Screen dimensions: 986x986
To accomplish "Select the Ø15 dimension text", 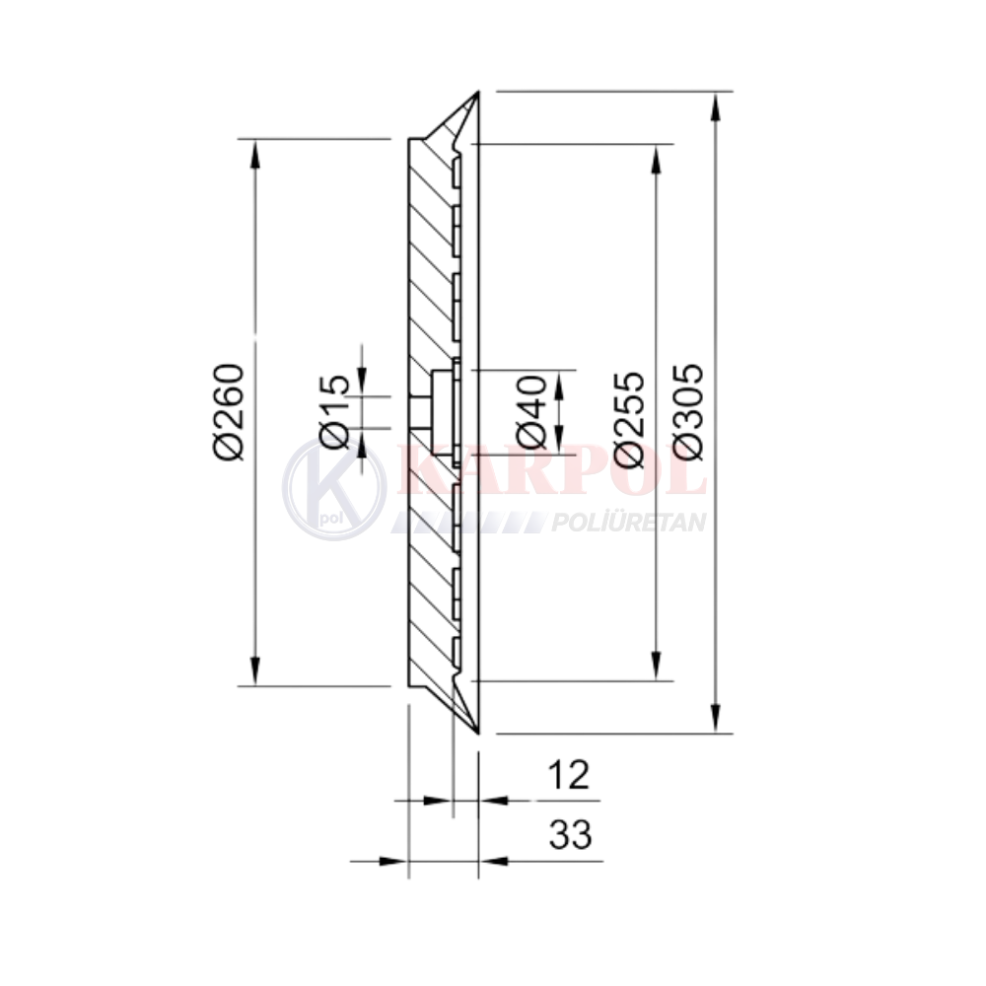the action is click(334, 412).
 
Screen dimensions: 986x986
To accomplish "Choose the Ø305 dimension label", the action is click(688, 412).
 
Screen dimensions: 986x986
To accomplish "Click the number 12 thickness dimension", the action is click(569, 775).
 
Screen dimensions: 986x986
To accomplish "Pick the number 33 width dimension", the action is click(570, 834).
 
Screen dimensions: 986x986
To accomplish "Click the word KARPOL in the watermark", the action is click(551, 470).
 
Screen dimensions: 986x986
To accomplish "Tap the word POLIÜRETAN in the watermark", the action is click(629, 522).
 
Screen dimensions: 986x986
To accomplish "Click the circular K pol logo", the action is click(333, 489).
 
